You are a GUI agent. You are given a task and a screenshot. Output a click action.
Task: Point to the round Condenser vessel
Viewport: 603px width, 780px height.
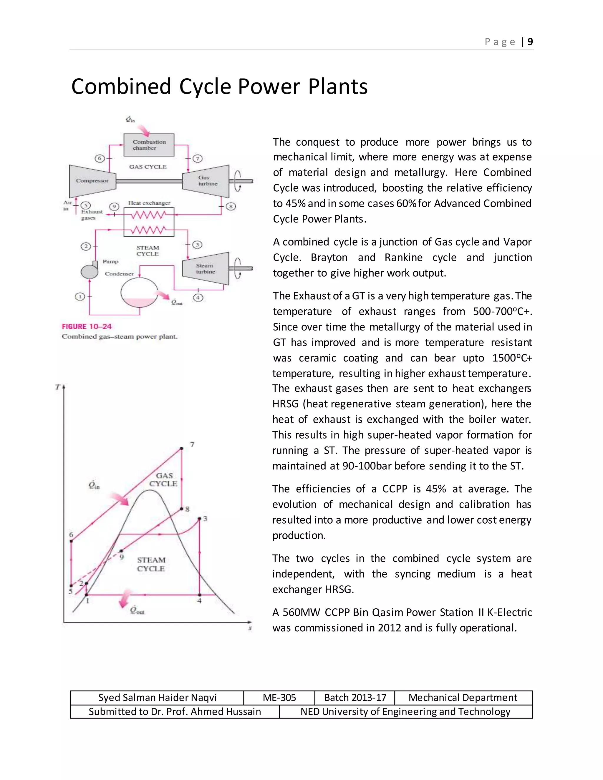coord(139,292)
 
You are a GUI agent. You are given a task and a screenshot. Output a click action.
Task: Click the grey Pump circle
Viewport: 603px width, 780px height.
coord(89,272)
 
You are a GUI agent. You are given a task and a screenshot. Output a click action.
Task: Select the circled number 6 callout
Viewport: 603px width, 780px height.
coord(100,158)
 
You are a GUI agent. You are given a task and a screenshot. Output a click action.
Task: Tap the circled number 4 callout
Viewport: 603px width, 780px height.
coord(198,298)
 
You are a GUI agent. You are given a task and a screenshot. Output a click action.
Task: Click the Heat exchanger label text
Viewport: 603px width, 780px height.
coord(149,203)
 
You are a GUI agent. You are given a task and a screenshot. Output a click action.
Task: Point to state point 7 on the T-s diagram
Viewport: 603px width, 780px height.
coord(181,448)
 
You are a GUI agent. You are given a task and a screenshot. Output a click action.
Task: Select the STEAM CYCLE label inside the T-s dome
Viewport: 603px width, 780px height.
coord(151,564)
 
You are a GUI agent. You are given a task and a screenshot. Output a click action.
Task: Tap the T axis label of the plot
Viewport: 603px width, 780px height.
coord(57,387)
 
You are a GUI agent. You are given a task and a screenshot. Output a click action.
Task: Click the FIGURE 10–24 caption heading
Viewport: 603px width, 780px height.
coord(87,326)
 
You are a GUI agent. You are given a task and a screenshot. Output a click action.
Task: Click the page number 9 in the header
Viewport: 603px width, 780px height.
coord(530,42)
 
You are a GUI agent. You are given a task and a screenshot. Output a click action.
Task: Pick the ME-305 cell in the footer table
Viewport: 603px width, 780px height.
coord(279,698)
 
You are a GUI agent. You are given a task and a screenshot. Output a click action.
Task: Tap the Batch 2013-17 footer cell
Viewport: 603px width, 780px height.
coord(355,698)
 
